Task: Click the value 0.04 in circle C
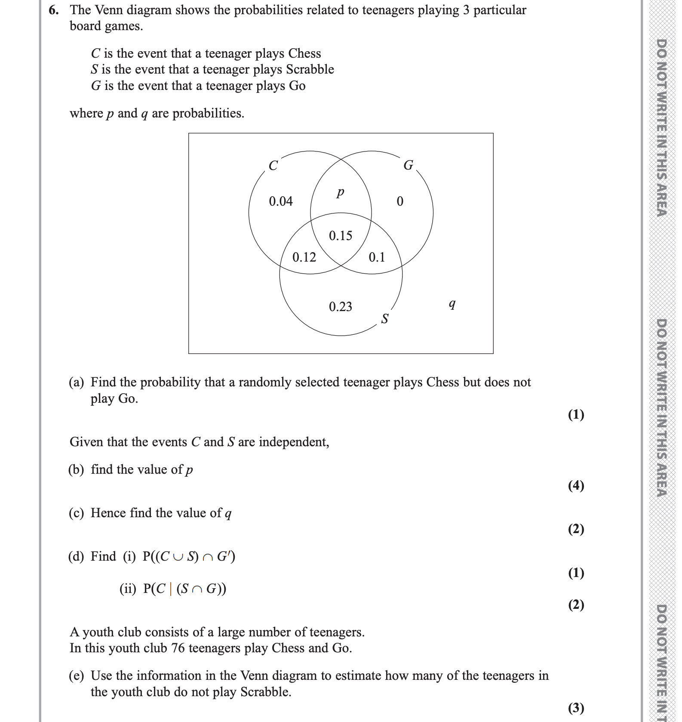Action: tap(280, 201)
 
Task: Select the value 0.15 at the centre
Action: tap(340, 235)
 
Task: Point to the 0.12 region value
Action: tap(304, 257)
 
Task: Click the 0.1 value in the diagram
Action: tap(377, 257)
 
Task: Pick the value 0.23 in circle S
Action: tap(340, 307)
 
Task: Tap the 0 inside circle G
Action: tap(400, 201)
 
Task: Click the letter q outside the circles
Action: tap(452, 305)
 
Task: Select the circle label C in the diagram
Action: tap(273, 166)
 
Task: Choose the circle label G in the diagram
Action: tap(408, 165)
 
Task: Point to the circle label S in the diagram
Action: tap(385, 319)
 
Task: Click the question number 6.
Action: tap(53, 10)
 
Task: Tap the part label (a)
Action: tap(77, 382)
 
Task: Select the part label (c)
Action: tap(77, 513)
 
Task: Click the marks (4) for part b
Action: tap(576, 485)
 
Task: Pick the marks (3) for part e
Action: tap(576, 707)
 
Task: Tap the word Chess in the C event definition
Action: tap(304, 53)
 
